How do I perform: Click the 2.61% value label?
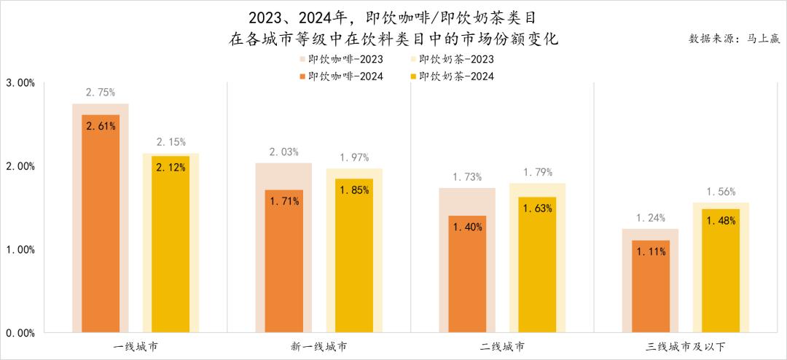coord(101,126)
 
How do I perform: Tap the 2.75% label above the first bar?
coord(101,93)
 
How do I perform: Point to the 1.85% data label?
coord(354,189)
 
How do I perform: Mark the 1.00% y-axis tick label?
coord(20,249)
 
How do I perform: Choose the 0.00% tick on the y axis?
coord(20,333)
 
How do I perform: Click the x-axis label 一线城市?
coord(136,345)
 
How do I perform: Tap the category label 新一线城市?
coord(318,345)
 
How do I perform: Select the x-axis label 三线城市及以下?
coord(686,345)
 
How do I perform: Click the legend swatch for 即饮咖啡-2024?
coord(302,76)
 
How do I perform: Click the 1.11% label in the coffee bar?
coord(651,251)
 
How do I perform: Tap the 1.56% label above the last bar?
coord(721,192)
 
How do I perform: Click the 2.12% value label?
coord(171,167)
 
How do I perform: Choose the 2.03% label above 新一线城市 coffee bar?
coord(283,152)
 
